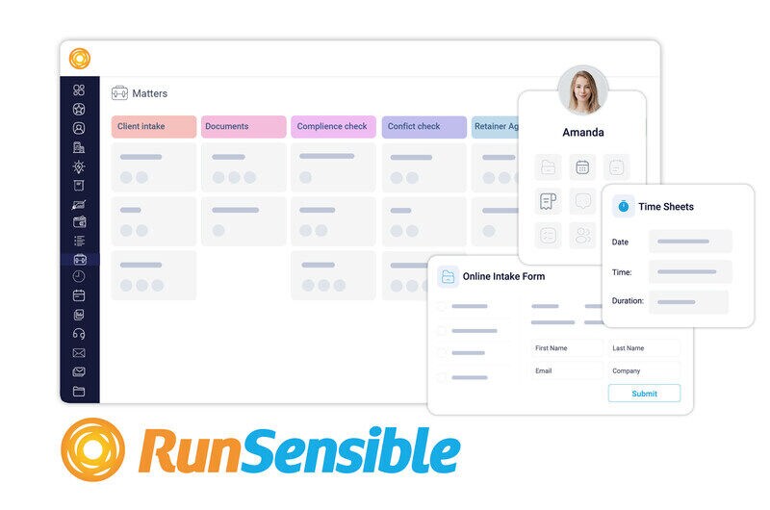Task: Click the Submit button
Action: pyautogui.click(x=644, y=394)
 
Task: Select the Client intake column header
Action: pyautogui.click(x=154, y=127)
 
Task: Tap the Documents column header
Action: pyautogui.click(x=244, y=127)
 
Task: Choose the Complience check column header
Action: pyautogui.click(x=333, y=127)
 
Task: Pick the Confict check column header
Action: pyautogui.click(x=424, y=127)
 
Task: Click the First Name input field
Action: pyautogui.click(x=566, y=348)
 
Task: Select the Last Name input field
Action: pyautogui.click(x=644, y=348)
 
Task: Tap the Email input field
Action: pyautogui.click(x=566, y=370)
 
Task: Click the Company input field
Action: pyautogui.click(x=644, y=370)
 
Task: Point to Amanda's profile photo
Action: pyautogui.click(x=583, y=90)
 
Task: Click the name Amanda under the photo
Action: pyautogui.click(x=583, y=132)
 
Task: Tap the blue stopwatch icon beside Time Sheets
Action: pyautogui.click(x=623, y=206)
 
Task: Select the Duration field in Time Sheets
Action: pyautogui.click(x=688, y=301)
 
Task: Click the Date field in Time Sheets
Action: pyautogui.click(x=690, y=242)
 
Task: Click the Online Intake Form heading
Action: pyautogui.click(x=503, y=276)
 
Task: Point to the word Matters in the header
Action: pyautogui.click(x=150, y=93)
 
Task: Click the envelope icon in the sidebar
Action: pyautogui.click(x=79, y=353)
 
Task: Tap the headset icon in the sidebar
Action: pyautogui.click(x=79, y=334)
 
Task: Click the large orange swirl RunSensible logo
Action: pyautogui.click(x=92, y=449)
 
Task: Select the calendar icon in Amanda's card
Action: pyautogui.click(x=582, y=167)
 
